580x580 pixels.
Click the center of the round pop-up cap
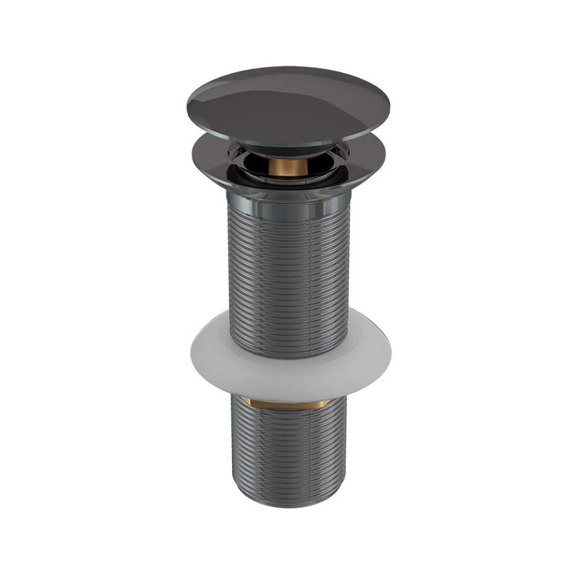pyautogui.click(x=288, y=106)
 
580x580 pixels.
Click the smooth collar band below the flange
pyautogui.click(x=289, y=208)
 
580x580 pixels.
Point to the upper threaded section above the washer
pyautogui.click(x=289, y=272)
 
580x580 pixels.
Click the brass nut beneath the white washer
pyautogui.click(x=289, y=401)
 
